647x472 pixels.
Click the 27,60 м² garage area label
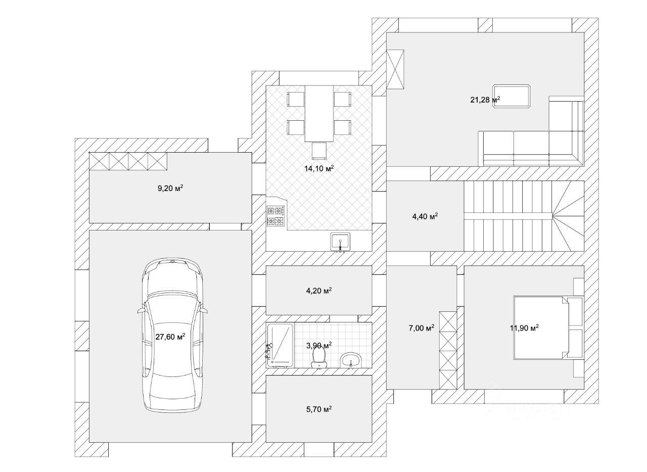pos(170,337)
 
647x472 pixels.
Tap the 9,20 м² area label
pos(170,188)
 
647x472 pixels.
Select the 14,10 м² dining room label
pos(319,169)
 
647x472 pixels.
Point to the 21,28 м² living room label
pos(485,100)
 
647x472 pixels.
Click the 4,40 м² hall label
pos(425,216)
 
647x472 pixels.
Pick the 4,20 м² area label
pos(319,291)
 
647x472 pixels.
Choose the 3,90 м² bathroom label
pos(319,346)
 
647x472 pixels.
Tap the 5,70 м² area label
pos(319,409)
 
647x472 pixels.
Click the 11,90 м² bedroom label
pos(524,327)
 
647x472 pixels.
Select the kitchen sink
pos(341,242)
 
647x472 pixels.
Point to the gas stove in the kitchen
pos(276,216)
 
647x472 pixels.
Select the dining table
pos(319,114)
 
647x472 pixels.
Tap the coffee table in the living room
pos(511,96)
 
